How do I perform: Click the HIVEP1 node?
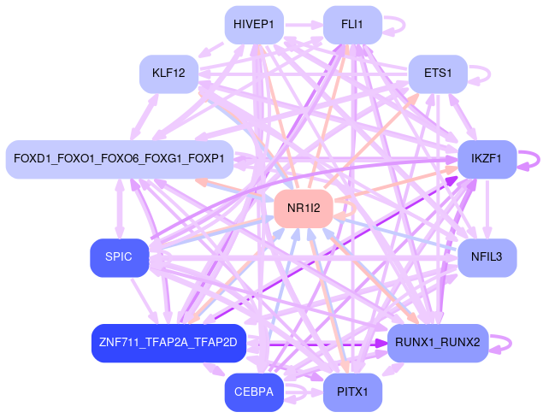tap(254, 25)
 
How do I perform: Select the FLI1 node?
tap(352, 25)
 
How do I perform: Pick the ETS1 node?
tap(437, 74)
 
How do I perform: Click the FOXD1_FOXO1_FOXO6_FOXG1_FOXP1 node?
tap(119, 159)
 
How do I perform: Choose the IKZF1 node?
tap(487, 159)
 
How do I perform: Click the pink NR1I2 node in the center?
tap(303, 208)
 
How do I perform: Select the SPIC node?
tap(119, 257)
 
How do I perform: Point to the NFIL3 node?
tap(487, 257)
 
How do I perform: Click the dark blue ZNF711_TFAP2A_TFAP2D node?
tap(168, 343)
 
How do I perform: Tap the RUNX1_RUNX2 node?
tap(437, 343)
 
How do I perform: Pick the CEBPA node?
tap(254, 392)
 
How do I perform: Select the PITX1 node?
tap(352, 392)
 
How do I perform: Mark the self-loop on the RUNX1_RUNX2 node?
tap(511, 343)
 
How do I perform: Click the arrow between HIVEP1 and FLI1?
tap(303, 26)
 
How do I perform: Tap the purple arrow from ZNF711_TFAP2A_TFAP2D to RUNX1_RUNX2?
tap(316, 343)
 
